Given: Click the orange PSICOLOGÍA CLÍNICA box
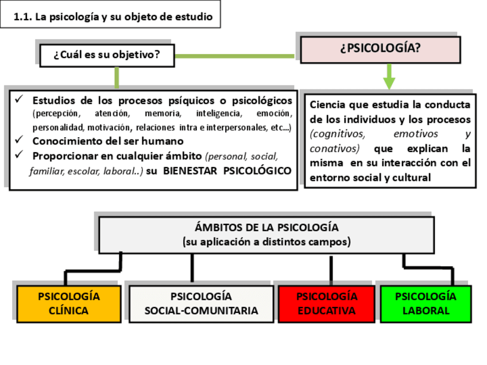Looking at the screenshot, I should [69, 304].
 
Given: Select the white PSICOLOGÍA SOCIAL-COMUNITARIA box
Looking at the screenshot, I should [201, 304].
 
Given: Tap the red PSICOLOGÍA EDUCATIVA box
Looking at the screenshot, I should [327, 304].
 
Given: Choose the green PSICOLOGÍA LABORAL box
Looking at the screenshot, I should [426, 304].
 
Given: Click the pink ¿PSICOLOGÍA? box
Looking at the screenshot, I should [380, 49].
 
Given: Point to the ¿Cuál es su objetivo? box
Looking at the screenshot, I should [107, 56].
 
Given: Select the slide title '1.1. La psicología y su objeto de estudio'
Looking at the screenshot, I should [113, 17].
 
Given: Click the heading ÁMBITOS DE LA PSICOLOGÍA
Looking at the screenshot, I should [266, 227].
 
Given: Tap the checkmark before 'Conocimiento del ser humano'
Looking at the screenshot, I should [19, 140].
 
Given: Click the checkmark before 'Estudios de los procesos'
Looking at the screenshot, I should [19, 100].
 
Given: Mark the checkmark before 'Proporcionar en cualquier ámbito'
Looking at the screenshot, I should [19, 155].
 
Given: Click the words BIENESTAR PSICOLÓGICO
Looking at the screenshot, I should [227, 170].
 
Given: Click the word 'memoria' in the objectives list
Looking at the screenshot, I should [163, 114].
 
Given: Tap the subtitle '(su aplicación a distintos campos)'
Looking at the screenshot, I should [266, 242].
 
